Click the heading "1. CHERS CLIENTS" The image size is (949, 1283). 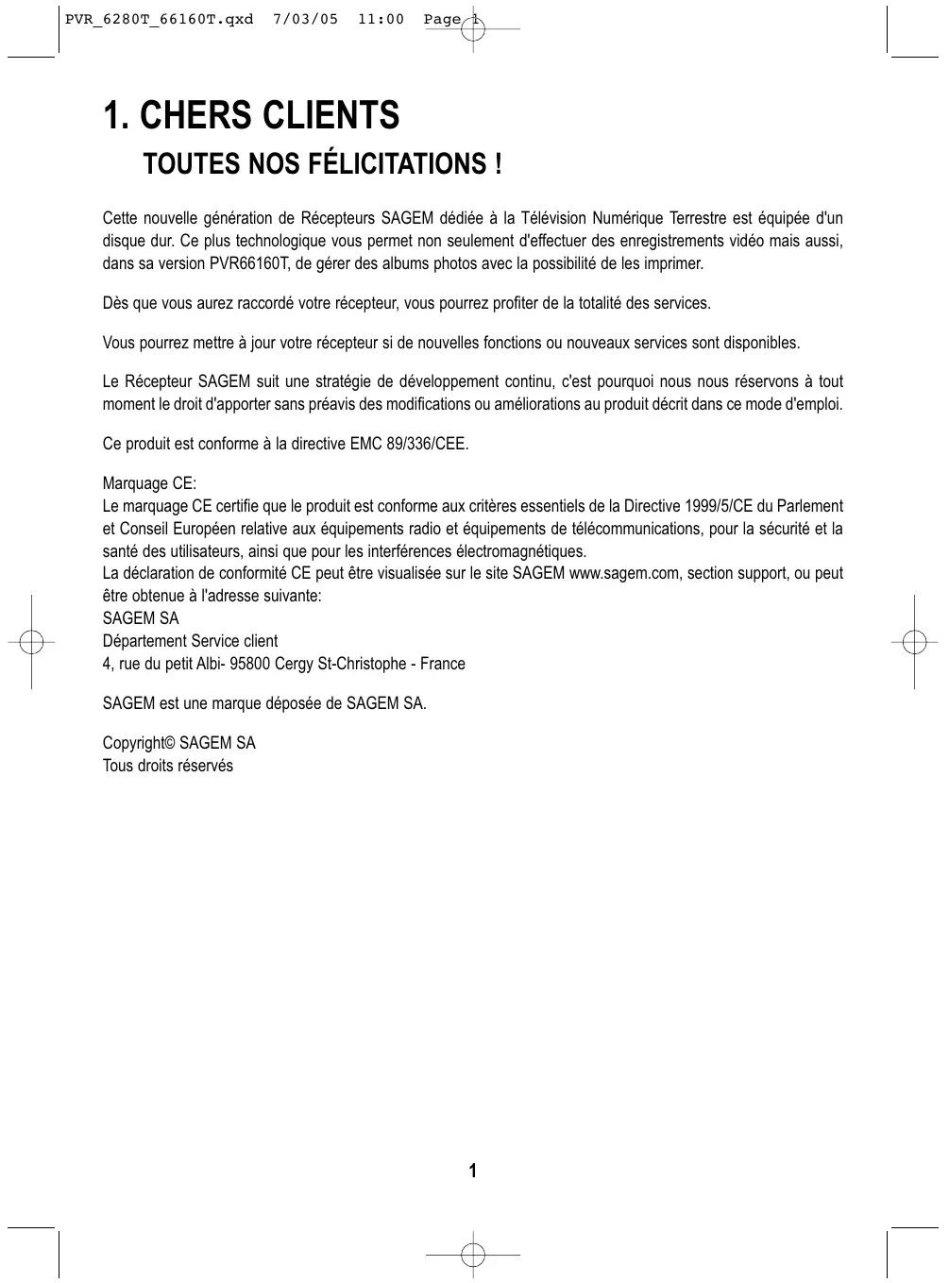point(251,116)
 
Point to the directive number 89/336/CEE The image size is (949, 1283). point(427,444)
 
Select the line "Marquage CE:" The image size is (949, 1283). point(149,484)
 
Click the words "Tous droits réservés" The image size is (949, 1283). point(167,766)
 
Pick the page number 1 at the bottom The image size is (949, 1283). point(473,1172)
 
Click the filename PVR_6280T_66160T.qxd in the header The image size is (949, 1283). point(159,20)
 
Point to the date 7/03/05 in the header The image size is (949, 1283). point(304,20)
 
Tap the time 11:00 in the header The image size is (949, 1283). point(381,20)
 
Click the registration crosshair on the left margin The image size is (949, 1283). point(31,642)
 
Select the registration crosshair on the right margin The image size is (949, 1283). point(914,642)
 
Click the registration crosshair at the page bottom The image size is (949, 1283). point(473,1255)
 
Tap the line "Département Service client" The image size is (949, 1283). point(190,642)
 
